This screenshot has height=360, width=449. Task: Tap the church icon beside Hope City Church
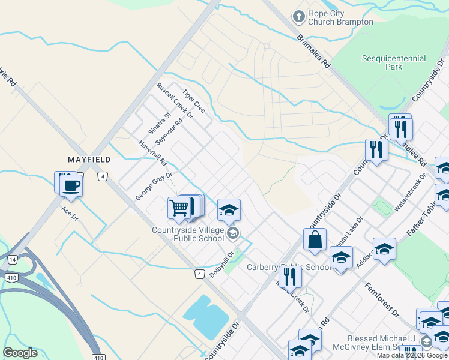click(x=298, y=16)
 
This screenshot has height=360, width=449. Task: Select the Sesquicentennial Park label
click(x=394, y=62)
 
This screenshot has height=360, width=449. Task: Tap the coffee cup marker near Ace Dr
click(x=71, y=185)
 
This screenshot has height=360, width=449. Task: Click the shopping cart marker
click(x=179, y=208)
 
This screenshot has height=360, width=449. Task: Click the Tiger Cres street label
click(x=194, y=101)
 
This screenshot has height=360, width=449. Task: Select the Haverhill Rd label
click(x=152, y=154)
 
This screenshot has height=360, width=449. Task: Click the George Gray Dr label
click(x=154, y=186)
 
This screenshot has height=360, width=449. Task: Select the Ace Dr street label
click(x=70, y=213)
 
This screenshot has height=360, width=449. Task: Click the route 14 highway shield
click(x=13, y=259)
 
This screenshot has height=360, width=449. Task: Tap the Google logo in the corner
click(x=20, y=353)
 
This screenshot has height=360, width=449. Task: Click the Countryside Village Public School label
click(x=188, y=233)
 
